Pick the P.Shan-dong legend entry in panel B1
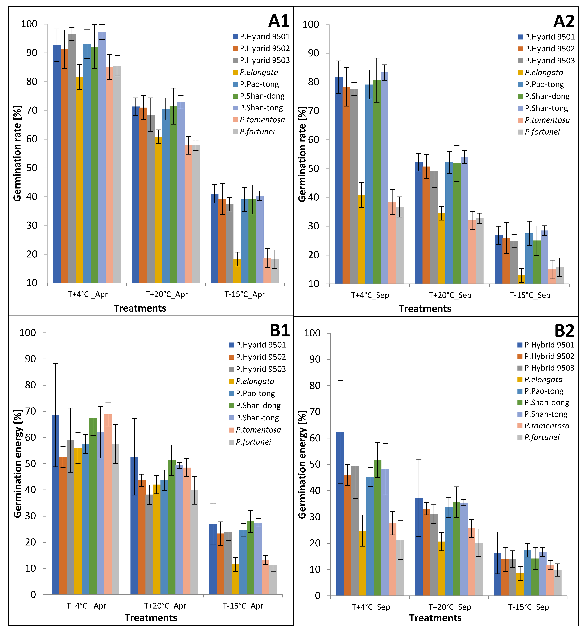point(255,406)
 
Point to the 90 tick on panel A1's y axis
point(32,53)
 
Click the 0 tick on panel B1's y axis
point(33,595)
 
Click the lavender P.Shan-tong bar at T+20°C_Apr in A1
point(181,193)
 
